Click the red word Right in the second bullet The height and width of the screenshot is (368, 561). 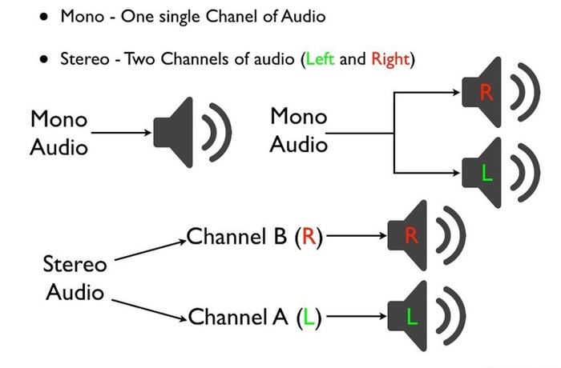(389, 60)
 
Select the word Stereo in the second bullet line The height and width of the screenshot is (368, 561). (84, 60)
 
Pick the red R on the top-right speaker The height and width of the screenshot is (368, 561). (486, 93)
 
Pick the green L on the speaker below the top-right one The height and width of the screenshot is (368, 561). (486, 172)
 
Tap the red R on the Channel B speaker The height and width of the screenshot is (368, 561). (411, 236)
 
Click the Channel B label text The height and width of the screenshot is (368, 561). (252, 237)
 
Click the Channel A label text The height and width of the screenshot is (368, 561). (253, 318)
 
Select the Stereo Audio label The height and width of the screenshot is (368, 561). (74, 277)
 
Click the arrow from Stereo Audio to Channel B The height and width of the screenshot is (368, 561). (148, 249)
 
